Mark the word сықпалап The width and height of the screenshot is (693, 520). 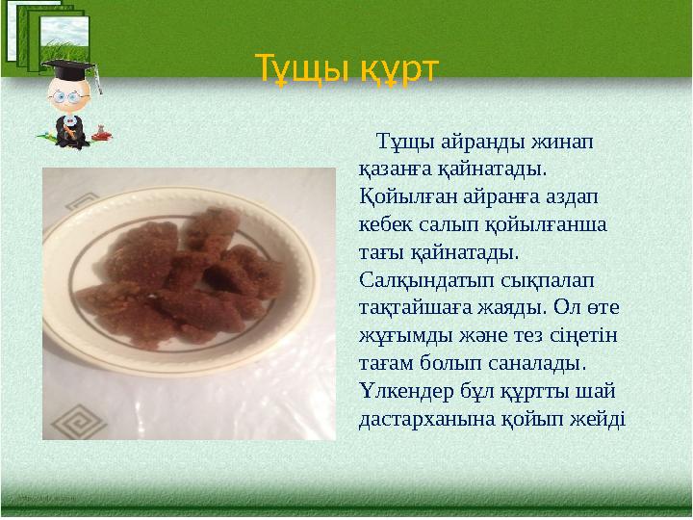coord(541,279)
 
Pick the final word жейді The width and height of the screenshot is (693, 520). coord(599,420)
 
